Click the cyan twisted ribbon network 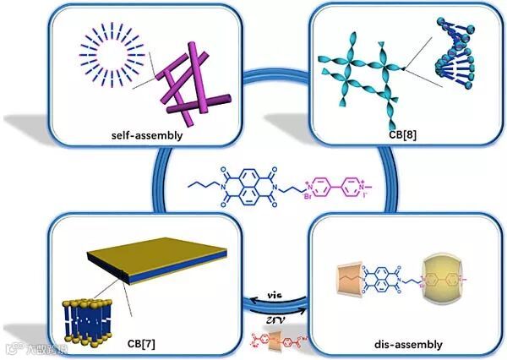(355, 71)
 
